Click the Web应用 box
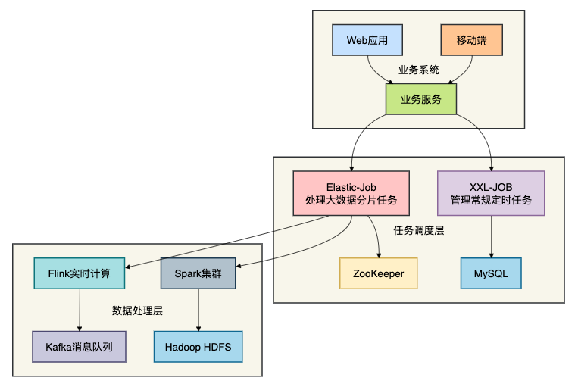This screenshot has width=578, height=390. (367, 40)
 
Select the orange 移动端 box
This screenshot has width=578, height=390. (471, 40)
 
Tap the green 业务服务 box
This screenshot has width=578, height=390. (421, 99)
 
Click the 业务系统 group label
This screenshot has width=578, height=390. (419, 70)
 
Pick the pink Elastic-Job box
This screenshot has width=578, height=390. (351, 193)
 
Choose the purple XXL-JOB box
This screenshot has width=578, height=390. (491, 193)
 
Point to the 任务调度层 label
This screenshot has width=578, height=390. (419, 231)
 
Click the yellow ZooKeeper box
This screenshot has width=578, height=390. (378, 273)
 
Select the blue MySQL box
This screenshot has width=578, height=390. (491, 273)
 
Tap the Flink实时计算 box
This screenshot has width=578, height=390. (80, 273)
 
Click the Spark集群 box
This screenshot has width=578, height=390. (198, 273)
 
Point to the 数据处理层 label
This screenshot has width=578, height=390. (138, 310)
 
